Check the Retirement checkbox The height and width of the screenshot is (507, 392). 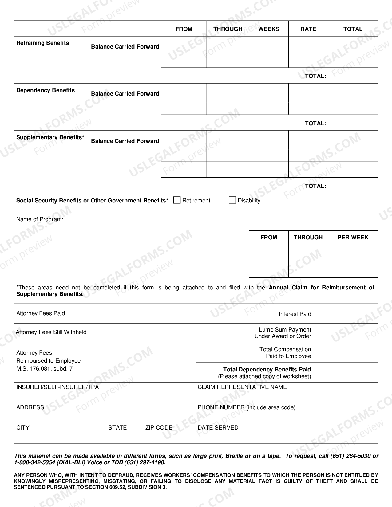(x=177, y=200)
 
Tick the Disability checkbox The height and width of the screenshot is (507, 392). (x=232, y=200)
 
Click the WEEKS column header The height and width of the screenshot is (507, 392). (x=269, y=29)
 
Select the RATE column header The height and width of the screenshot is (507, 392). (x=308, y=29)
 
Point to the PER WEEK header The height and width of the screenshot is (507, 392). (x=353, y=237)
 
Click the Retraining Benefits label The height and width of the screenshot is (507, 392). (x=42, y=43)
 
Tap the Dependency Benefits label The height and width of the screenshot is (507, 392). (x=46, y=90)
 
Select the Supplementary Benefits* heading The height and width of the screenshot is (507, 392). (x=50, y=137)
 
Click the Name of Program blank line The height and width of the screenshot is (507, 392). (x=158, y=221)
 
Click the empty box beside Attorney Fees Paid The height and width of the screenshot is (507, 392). (x=158, y=313)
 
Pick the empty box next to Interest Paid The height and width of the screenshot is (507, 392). (x=345, y=313)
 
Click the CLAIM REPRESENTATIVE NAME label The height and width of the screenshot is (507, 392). (x=242, y=387)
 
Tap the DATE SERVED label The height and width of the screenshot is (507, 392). (x=218, y=428)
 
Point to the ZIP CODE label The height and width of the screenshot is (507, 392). (x=159, y=428)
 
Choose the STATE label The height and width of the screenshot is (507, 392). (x=117, y=428)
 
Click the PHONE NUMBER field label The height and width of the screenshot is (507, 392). (x=246, y=407)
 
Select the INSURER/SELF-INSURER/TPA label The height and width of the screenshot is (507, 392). (x=57, y=387)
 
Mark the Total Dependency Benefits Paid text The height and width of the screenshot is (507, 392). (x=267, y=370)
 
